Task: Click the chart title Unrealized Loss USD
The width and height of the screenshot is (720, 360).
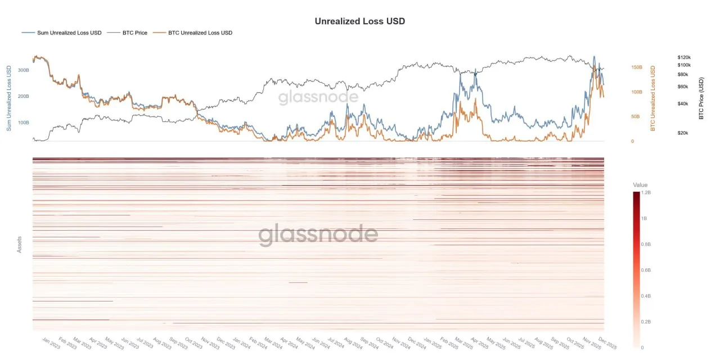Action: [x=359, y=21]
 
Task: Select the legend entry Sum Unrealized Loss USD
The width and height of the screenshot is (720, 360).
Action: [x=69, y=33]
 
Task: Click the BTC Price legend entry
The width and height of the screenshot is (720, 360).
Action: [x=135, y=33]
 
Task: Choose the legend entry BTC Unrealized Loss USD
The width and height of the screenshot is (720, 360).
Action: [x=200, y=33]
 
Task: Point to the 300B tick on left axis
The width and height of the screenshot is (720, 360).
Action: [x=24, y=70]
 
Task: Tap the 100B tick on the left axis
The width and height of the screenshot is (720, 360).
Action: [x=24, y=122]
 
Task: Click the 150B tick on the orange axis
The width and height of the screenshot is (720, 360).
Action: [x=636, y=67]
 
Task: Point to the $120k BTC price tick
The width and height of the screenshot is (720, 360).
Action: [x=684, y=57]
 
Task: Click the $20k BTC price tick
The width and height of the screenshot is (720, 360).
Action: [x=683, y=133]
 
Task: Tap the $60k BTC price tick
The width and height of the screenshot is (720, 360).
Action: [x=683, y=87]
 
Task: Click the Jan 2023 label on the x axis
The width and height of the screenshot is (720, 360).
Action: [x=51, y=344]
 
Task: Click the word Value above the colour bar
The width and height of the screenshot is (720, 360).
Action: [x=640, y=185]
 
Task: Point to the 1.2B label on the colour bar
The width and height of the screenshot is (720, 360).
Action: [x=646, y=192]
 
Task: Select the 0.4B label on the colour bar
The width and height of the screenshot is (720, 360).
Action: [x=646, y=296]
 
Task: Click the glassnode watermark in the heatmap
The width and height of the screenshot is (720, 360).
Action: [x=318, y=235]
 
